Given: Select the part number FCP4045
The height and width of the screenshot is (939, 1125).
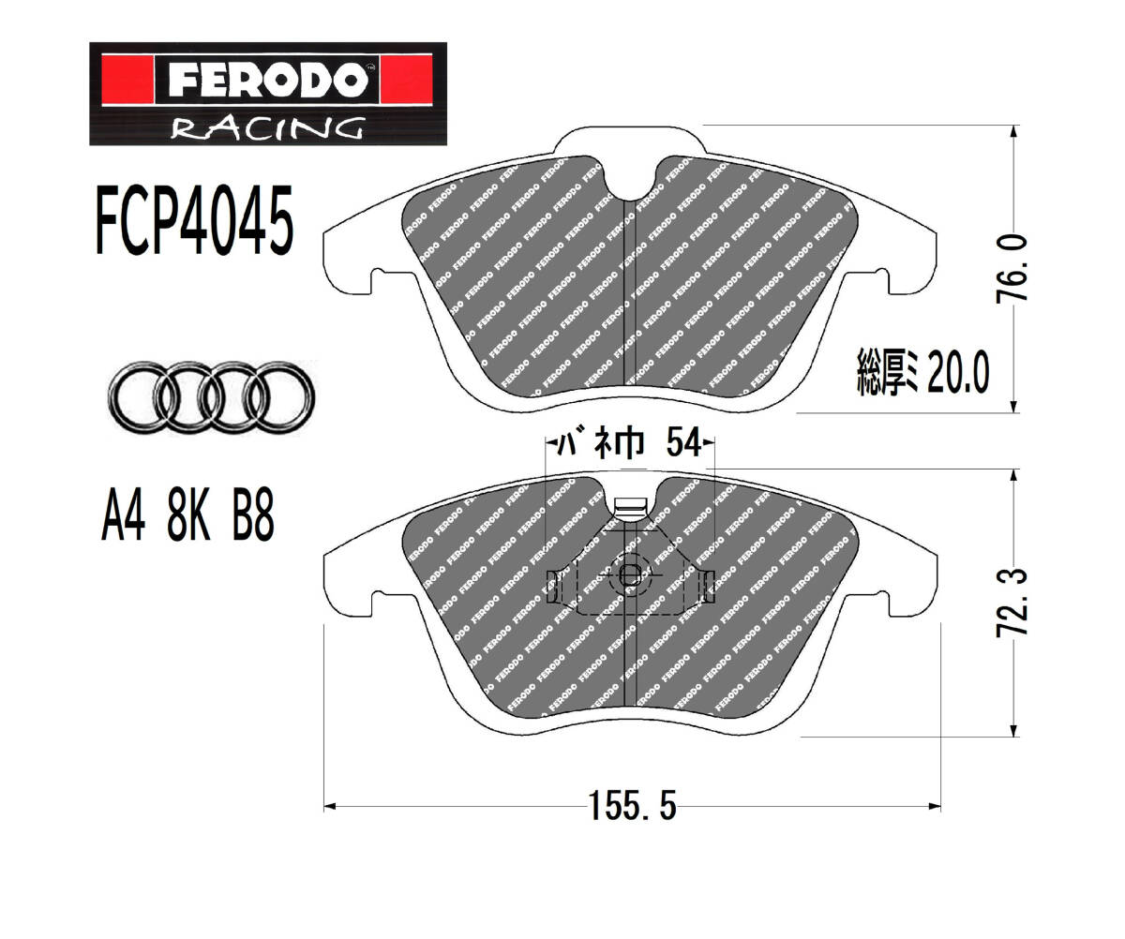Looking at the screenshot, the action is point(194,220).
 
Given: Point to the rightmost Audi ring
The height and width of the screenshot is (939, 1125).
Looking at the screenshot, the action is point(279,397).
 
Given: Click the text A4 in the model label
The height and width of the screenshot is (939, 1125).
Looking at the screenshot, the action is point(124,514).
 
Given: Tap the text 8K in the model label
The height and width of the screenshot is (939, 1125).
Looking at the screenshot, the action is point(188,514).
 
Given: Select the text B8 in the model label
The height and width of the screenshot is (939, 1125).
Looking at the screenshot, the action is point(253,514).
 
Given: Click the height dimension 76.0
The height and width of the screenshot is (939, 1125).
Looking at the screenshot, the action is point(1012,268).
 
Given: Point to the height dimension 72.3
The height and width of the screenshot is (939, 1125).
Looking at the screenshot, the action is point(1012,603).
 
